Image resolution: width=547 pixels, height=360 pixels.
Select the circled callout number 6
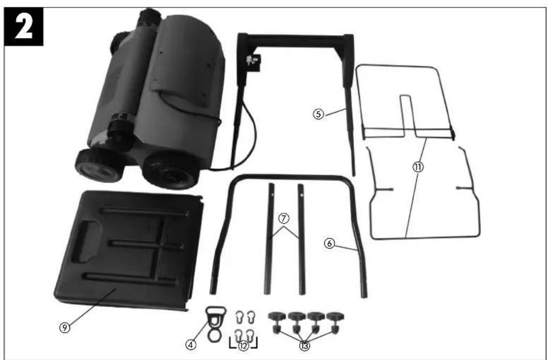click(329, 243)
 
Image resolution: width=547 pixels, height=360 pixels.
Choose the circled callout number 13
click(304, 346)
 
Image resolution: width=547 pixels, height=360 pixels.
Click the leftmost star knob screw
click(277, 322)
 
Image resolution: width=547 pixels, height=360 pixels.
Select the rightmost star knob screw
click(334, 322)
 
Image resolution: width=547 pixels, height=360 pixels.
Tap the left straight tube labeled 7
click(268, 239)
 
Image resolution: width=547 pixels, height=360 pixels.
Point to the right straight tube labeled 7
click(301, 239)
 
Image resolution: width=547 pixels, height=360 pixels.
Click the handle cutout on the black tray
click(86, 243)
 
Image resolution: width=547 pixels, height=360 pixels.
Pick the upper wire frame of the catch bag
click(406, 101)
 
